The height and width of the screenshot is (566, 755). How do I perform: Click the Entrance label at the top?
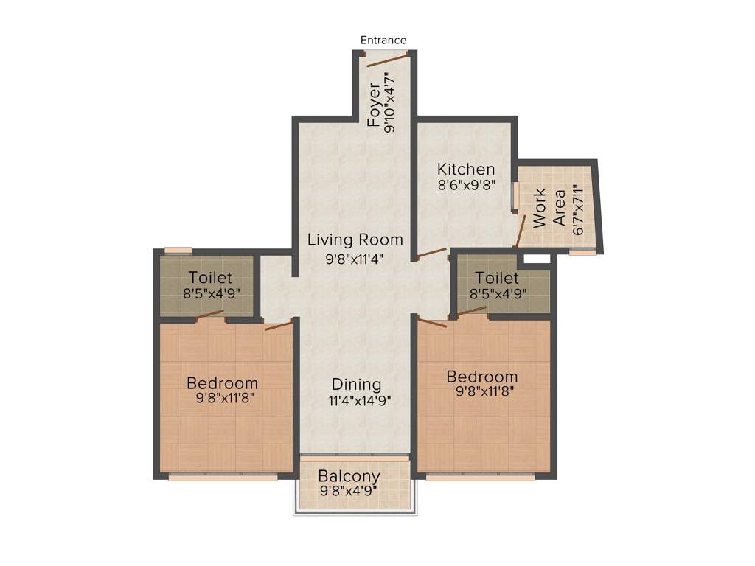click(x=383, y=40)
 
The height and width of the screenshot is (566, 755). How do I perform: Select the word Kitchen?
click(x=465, y=170)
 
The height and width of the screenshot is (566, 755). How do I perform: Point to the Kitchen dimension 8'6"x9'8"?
click(x=465, y=186)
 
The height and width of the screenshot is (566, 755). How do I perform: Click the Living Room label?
click(x=355, y=240)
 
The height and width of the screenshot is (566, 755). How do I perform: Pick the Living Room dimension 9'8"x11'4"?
click(x=355, y=258)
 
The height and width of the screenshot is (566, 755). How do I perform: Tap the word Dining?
click(x=356, y=384)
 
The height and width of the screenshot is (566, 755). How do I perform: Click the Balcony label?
click(x=349, y=476)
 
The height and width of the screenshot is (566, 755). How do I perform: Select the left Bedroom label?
click(x=222, y=383)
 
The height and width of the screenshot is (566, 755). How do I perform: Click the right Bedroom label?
click(x=482, y=377)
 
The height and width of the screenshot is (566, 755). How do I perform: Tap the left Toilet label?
click(x=210, y=278)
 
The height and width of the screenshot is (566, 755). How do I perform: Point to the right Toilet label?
click(x=497, y=278)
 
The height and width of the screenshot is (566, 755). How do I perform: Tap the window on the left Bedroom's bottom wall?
click(x=223, y=477)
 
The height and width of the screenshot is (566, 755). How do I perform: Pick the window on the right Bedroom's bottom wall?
click(x=481, y=477)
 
